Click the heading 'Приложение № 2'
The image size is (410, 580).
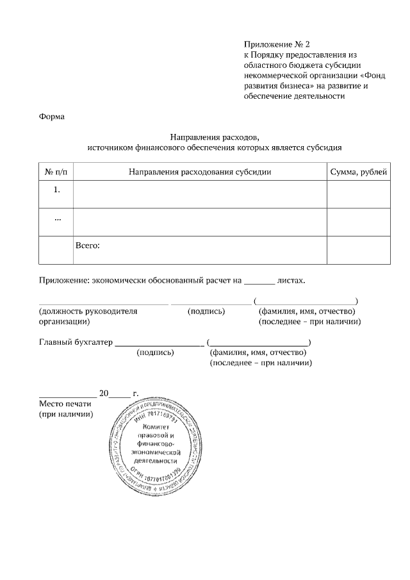(x=276, y=44)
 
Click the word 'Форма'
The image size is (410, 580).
(x=52, y=117)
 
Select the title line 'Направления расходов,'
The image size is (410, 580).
(x=215, y=137)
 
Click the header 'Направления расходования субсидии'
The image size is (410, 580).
(x=200, y=172)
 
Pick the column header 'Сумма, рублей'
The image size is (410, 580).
(x=358, y=172)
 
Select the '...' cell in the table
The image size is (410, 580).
(x=56, y=218)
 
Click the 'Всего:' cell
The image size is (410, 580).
(x=88, y=245)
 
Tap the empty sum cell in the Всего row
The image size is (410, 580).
(x=358, y=250)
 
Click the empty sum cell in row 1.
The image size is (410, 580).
(x=358, y=195)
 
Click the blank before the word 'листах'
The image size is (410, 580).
(x=260, y=281)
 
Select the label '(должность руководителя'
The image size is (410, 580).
(x=88, y=311)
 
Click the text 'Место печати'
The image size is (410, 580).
(x=65, y=404)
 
